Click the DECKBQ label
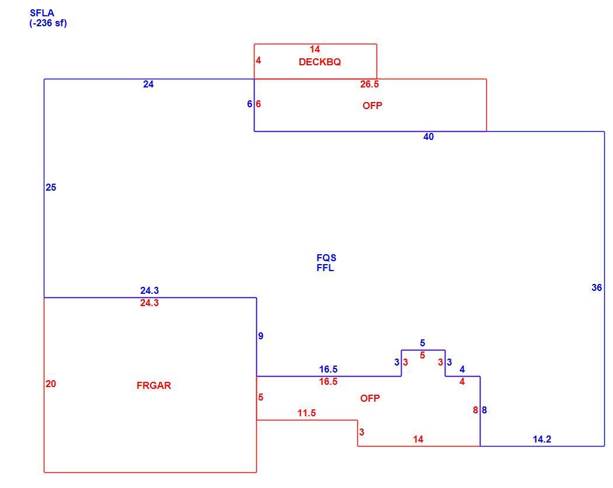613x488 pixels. coord(320,62)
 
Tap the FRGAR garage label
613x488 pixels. coord(154,386)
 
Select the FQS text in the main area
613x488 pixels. coord(326,258)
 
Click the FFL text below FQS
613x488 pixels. coord(325,268)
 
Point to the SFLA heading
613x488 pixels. coord(42,13)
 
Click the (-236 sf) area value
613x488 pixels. coord(48,23)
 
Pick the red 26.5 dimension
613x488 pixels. coord(370,85)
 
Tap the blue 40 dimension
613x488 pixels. coord(429,137)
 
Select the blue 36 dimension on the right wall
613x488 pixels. coord(597,287)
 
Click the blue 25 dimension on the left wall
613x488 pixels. coord(51,187)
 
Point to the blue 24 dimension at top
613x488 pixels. coord(148,85)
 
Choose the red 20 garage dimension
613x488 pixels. coord(51,384)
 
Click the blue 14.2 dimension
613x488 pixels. coord(542,440)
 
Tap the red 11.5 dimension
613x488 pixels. coord(306,413)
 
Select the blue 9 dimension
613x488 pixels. coord(261,336)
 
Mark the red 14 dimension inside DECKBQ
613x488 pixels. coord(315,49)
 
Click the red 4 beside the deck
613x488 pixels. coord(259,61)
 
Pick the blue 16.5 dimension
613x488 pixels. coord(328,369)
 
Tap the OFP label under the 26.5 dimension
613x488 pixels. coord(372,106)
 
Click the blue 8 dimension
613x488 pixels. coord(485,410)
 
